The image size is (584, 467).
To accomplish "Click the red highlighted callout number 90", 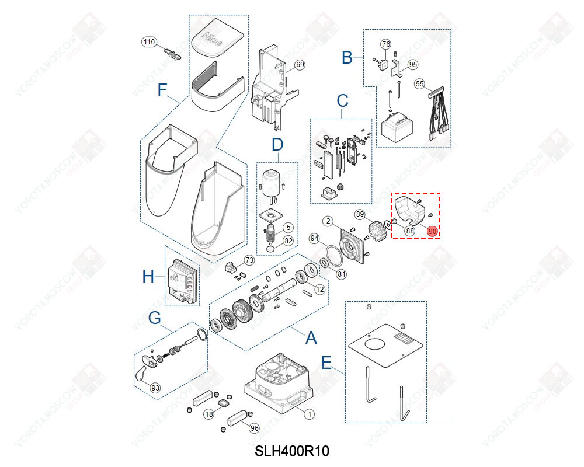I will coord(432,231).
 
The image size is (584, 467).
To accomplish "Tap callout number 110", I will coord(150,42).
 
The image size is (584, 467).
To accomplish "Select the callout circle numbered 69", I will coord(299,65).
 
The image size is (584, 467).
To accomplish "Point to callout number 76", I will coord(385,44).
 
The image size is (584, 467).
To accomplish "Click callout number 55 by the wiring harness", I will coord(419,84).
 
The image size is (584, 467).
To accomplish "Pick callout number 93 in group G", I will coord(155,388).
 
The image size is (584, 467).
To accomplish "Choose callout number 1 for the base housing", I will coord(310,413).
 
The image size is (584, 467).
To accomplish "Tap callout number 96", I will coord(253,428).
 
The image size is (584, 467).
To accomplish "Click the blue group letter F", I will coord(162,90).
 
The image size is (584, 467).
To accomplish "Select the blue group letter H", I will coord(148,276).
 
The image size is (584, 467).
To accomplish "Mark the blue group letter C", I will coord(342,100).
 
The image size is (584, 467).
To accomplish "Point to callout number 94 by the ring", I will coord(315,238).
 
